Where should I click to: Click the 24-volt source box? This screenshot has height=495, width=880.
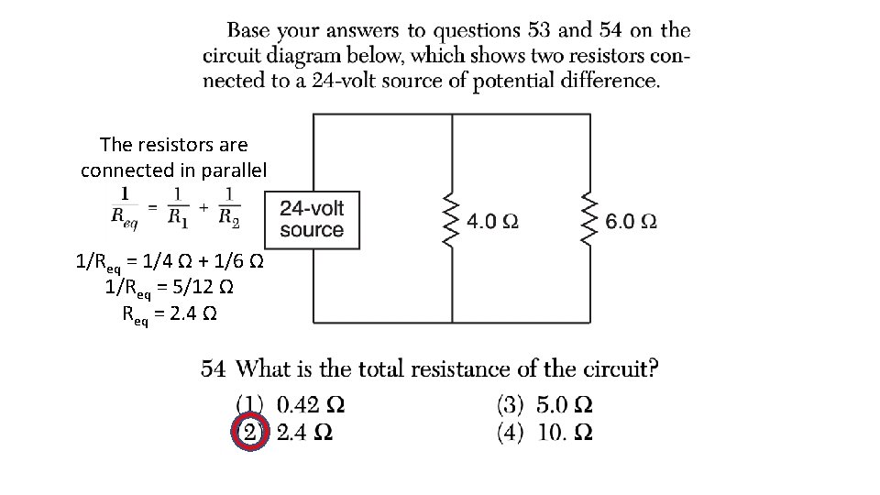click(x=312, y=220)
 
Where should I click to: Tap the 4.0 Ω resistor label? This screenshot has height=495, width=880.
click(x=492, y=221)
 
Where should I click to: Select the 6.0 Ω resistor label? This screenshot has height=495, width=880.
click(x=631, y=221)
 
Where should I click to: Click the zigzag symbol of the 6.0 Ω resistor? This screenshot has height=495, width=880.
click(x=589, y=220)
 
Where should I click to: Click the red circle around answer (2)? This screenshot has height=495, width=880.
click(x=249, y=433)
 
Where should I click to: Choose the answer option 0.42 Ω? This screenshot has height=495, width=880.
click(x=311, y=404)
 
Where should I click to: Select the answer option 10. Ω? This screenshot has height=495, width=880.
click(x=564, y=432)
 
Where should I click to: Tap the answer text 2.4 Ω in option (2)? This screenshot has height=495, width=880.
click(x=304, y=433)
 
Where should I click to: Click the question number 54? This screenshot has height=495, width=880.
click(x=214, y=369)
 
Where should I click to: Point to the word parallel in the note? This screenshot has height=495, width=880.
click(x=234, y=170)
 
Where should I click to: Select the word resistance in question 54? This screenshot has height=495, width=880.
click(x=459, y=369)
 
